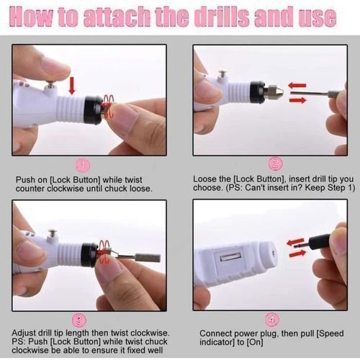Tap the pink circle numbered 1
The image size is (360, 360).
pyautogui.click(x=83, y=166)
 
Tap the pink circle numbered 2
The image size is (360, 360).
pyautogui.click(x=275, y=164)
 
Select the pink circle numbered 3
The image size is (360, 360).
pyautogui.click(x=79, y=321)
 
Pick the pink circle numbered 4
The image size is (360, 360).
pyautogui.click(x=272, y=320)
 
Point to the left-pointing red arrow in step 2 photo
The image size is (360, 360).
pyautogui.click(x=297, y=85)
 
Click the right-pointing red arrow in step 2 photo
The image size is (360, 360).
pyautogui.click(x=298, y=100)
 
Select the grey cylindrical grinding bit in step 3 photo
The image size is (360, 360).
pyautogui.click(x=148, y=258)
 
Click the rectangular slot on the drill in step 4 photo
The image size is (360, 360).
pyautogui.click(x=230, y=258)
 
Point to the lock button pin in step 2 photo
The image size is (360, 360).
pyautogui.click(x=222, y=75)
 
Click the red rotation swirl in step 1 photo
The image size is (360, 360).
pyautogui.click(x=109, y=105)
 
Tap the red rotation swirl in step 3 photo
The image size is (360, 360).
pyautogui.click(x=104, y=251)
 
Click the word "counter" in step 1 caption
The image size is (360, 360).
pyautogui.click(x=30, y=189)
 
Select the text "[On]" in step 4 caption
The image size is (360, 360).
pyautogui.click(x=255, y=342)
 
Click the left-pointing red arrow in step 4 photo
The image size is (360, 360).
pyautogui.click(x=295, y=242)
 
